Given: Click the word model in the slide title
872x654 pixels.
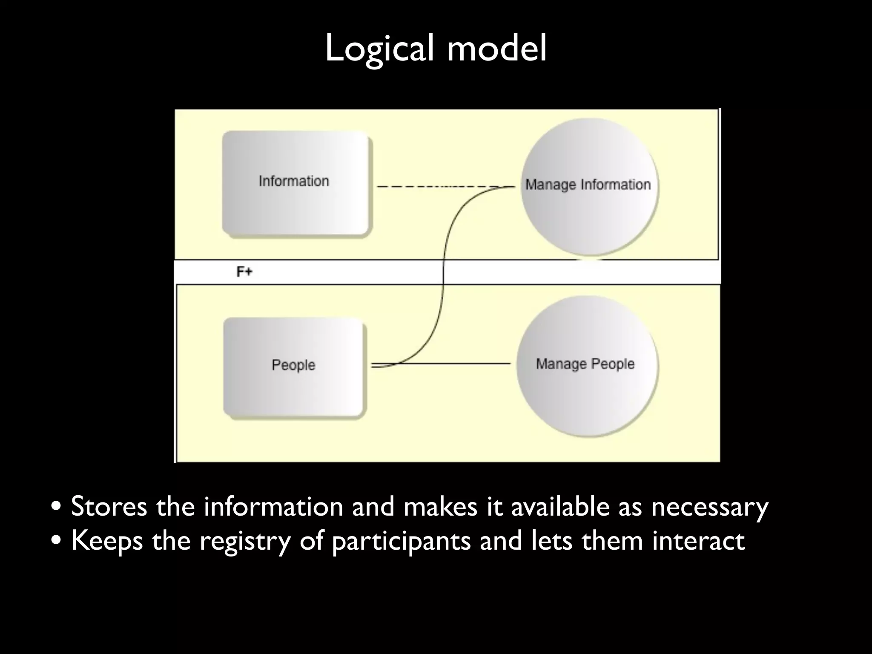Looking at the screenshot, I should (x=496, y=48).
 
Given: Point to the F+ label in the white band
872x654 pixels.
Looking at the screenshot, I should (x=244, y=272).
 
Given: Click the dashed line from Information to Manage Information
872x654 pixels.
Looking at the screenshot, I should (x=426, y=186).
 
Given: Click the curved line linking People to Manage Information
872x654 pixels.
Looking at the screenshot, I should (x=443, y=272).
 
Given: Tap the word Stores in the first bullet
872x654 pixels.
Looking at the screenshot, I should (x=109, y=507).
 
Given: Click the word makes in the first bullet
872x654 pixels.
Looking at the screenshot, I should (x=439, y=507).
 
